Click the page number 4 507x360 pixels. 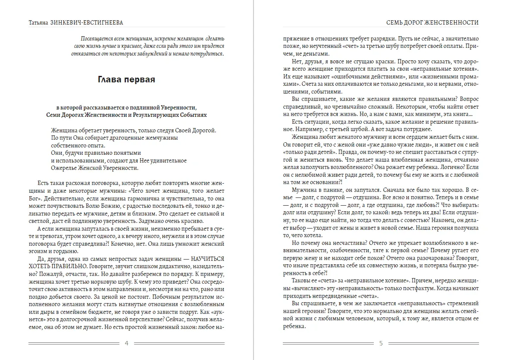(126, 343)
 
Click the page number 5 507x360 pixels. (381, 343)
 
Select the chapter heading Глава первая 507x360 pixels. (126, 80)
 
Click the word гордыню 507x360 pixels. (65, 251)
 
